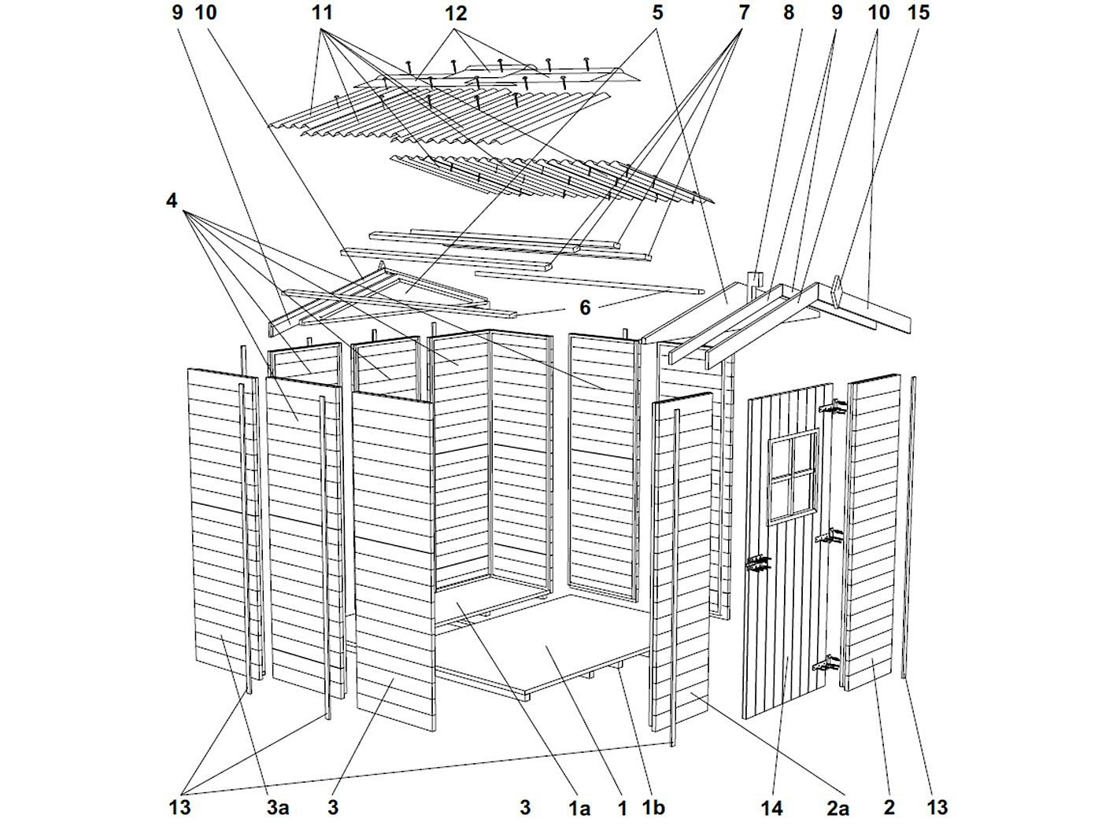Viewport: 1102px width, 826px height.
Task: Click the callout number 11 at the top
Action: click(322, 13)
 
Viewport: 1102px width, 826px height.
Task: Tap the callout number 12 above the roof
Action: click(455, 13)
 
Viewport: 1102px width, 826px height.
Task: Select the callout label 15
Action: click(918, 13)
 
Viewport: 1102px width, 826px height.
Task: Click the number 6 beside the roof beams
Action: click(584, 308)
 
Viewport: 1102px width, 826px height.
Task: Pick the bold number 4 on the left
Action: click(172, 201)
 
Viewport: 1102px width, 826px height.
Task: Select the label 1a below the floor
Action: click(579, 807)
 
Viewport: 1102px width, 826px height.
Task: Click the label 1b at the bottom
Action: click(653, 807)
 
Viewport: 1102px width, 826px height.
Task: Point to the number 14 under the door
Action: click(771, 807)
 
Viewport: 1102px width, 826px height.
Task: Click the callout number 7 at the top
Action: click(743, 13)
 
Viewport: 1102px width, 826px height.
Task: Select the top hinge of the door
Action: click(834, 407)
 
